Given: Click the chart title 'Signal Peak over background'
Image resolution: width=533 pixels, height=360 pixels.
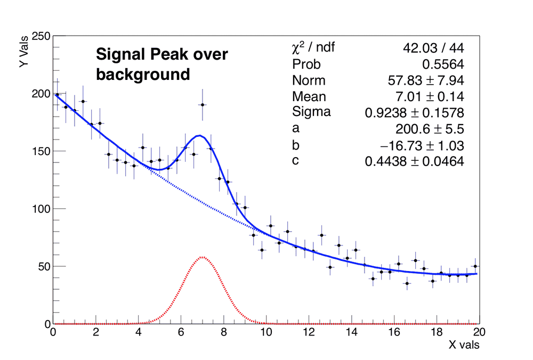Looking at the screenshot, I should click(x=161, y=64).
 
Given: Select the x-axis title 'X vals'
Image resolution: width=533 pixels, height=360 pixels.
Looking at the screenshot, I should click(x=463, y=345).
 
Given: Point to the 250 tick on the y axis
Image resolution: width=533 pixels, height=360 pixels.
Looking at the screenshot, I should click(x=41, y=36).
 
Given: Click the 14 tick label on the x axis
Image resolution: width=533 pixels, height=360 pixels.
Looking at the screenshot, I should click(x=351, y=332).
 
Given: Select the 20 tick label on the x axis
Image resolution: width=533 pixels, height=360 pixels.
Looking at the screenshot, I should click(x=479, y=332).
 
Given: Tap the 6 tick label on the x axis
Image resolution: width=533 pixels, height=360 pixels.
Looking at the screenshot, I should click(x=181, y=332).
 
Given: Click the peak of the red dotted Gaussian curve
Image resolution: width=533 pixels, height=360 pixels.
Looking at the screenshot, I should click(x=203, y=257).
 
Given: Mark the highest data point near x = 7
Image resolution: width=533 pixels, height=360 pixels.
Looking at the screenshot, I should click(x=203, y=105).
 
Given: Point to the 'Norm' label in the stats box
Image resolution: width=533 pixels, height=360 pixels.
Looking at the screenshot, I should click(x=309, y=81).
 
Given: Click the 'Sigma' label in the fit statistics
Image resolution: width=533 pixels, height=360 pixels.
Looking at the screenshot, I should click(x=311, y=112).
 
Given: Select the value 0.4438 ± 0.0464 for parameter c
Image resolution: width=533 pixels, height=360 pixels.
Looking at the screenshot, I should click(x=414, y=161).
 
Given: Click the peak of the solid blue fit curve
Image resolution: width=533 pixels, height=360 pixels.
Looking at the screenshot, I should click(x=198, y=135).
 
